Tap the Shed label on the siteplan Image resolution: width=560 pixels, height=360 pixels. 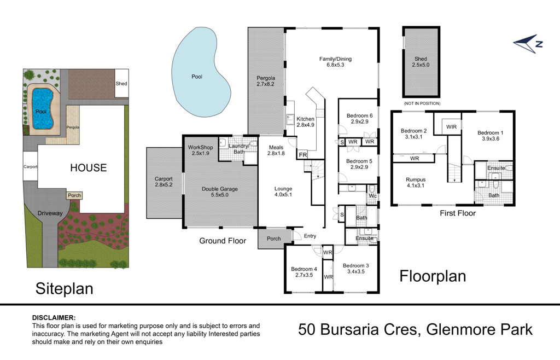coord(121,84)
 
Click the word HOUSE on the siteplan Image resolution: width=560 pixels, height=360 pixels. coord(88,168)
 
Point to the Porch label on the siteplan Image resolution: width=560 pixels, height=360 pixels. coord(74,195)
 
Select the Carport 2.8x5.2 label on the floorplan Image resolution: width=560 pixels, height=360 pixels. coord(164,182)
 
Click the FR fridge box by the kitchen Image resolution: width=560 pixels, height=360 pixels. coord(303,155)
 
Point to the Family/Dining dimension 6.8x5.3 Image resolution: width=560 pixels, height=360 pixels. coord(335,65)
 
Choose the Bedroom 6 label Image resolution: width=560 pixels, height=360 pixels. coord(360,116)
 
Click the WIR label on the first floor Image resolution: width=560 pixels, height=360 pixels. coord(451,127)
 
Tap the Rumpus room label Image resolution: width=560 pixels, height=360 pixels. coord(416,179)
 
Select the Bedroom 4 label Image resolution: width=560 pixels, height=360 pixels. coord(304,269)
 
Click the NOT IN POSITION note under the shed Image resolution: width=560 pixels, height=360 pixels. coord(422,103)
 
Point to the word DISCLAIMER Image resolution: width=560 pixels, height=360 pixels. coord(54,317)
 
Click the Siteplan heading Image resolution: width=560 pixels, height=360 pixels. coord(65,288)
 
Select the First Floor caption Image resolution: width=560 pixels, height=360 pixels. coord(458,213)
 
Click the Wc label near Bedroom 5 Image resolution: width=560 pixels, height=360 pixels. coord(373,196)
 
